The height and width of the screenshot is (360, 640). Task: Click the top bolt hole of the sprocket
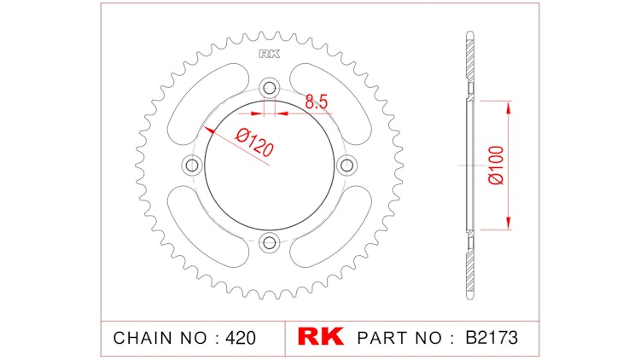click(271, 87)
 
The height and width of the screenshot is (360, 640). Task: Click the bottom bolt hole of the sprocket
click(271, 243)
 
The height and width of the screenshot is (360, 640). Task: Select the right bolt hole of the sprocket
click(348, 165)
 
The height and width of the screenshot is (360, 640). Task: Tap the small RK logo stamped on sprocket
click(270, 55)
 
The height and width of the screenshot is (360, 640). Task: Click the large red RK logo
click(320, 336)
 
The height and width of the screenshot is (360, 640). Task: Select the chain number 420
click(240, 337)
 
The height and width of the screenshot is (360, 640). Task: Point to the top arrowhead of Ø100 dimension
click(509, 106)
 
